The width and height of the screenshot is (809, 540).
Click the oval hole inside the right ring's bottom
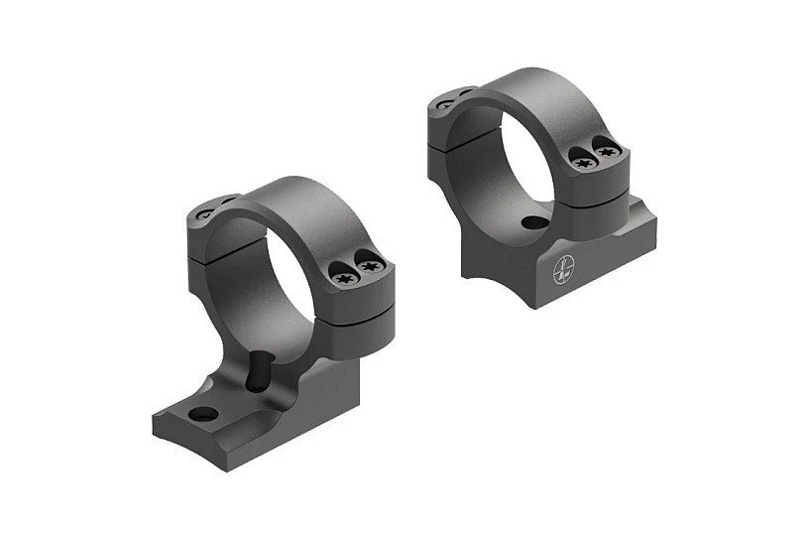[x=536, y=223]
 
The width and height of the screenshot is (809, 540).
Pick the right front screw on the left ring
[x=373, y=267]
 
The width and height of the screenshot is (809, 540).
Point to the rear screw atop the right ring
[x=445, y=102]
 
